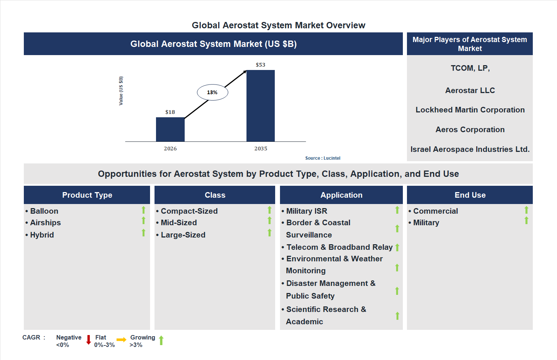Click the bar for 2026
pyautogui.click(x=170, y=129)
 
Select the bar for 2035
pyautogui.click(x=261, y=106)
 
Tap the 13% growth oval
pyautogui.click(x=212, y=92)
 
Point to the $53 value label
pyautogui.click(x=261, y=65)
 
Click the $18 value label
pyautogui.click(x=170, y=112)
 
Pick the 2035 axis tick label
pyautogui.click(x=261, y=149)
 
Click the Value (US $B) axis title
pyautogui.click(x=121, y=91)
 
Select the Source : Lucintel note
pyautogui.click(x=322, y=158)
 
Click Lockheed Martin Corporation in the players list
pyautogui.click(x=470, y=110)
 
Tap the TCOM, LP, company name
pyautogui.click(x=470, y=68)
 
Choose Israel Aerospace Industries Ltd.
pyautogui.click(x=470, y=149)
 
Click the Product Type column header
pyautogui.click(x=87, y=195)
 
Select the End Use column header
pyautogui.click(x=470, y=195)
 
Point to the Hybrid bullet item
pyautogui.click(x=42, y=235)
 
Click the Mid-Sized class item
pyautogui.click(x=179, y=223)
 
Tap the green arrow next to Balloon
pyautogui.click(x=143, y=210)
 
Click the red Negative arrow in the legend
pyautogui.click(x=89, y=340)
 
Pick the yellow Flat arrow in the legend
pyautogui.click(x=121, y=340)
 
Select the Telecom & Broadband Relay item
pyautogui.click(x=339, y=247)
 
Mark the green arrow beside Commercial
pyautogui.click(x=526, y=210)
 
